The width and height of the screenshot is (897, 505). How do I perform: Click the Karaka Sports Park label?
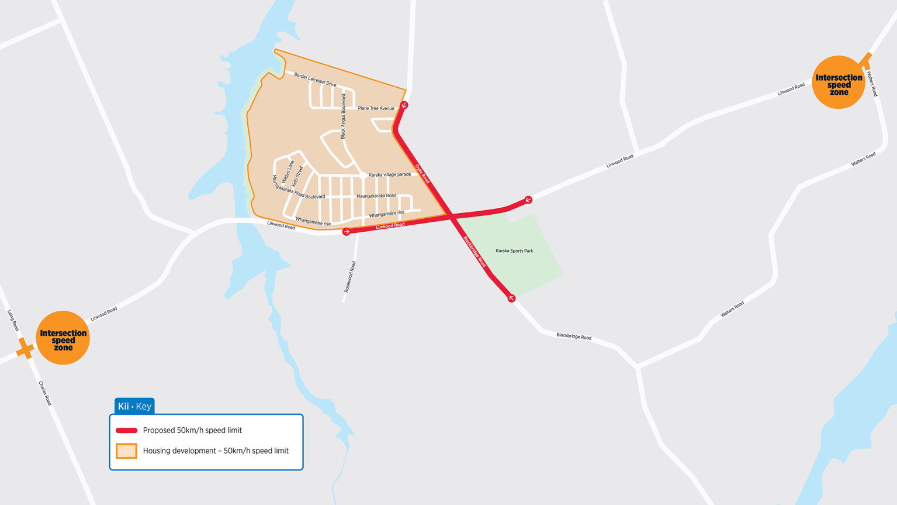pyautogui.click(x=514, y=251)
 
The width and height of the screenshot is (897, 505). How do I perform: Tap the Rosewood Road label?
pyautogui.click(x=349, y=277)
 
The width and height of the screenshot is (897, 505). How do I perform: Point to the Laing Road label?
pyautogui.click(x=13, y=320)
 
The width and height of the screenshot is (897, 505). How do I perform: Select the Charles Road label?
pyautogui.click(x=45, y=393)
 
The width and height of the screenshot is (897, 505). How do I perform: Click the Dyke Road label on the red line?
pyautogui.click(x=422, y=174)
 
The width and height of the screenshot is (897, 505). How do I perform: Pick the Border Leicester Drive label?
pyautogui.click(x=315, y=80)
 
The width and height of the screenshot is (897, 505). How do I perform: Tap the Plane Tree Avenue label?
pyautogui.click(x=376, y=108)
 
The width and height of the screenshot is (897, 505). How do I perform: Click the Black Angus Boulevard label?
pyautogui.click(x=344, y=116)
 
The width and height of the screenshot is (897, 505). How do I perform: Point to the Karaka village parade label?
pyautogui.click(x=390, y=174)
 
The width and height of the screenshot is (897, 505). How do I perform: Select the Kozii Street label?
pyautogui.click(x=298, y=176)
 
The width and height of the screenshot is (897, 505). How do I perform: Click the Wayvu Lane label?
pyautogui.click(x=288, y=171)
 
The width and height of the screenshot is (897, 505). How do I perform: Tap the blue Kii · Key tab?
pyautogui.click(x=134, y=406)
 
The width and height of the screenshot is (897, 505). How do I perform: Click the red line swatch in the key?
pyautogui.click(x=126, y=431)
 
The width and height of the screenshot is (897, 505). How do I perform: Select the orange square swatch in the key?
pyautogui.click(x=126, y=451)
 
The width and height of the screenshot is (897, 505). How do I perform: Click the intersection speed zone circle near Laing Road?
pyautogui.click(x=63, y=338)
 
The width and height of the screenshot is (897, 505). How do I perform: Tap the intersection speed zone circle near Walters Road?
pyautogui.click(x=839, y=83)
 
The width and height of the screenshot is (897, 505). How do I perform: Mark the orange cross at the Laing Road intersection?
pyautogui.click(x=25, y=349)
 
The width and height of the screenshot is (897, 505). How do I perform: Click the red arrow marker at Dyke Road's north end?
pyautogui.click(x=404, y=105)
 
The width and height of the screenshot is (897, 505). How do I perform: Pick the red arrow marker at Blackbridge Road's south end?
pyautogui.click(x=511, y=298)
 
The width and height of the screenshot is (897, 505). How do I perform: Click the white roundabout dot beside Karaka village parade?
pyautogui.click(x=363, y=175)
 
